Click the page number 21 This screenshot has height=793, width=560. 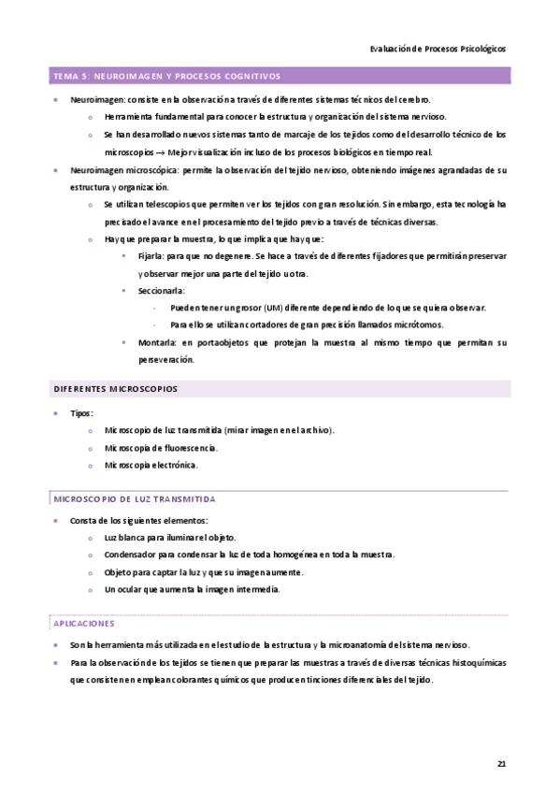[501, 764]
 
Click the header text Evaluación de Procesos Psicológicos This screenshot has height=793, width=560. [438, 50]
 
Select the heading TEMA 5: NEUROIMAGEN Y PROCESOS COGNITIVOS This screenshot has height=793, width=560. [167, 77]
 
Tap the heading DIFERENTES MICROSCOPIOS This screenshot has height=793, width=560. [116, 388]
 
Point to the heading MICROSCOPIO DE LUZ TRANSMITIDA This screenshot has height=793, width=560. [135, 499]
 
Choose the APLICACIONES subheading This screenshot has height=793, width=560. [84, 622]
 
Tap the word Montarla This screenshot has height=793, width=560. [154, 343]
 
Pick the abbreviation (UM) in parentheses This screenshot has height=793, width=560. [273, 308]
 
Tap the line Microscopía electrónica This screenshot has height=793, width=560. [151, 465]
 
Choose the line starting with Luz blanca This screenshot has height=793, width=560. [169, 538]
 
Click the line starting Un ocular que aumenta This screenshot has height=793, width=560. [192, 589]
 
